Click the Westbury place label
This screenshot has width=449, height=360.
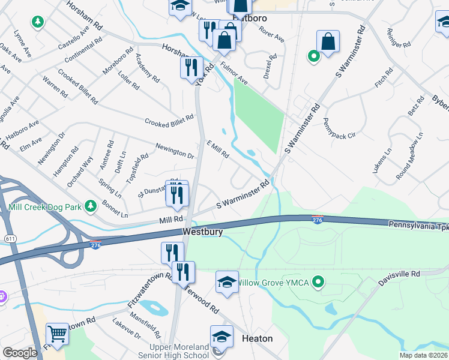pos(202,232)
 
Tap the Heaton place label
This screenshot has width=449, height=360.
pos(256,338)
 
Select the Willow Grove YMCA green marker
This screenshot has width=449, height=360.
pos(319,281)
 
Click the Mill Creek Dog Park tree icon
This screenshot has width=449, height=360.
pos(91,206)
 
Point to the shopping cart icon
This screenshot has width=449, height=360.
pos(58,334)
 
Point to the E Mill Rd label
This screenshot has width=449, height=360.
pos(218,149)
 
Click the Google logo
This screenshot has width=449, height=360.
pos(20,353)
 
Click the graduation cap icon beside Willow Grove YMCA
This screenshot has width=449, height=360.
pos(228,281)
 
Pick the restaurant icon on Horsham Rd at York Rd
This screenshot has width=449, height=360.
pos(191,67)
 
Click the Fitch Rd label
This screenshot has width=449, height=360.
pos(384,78)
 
